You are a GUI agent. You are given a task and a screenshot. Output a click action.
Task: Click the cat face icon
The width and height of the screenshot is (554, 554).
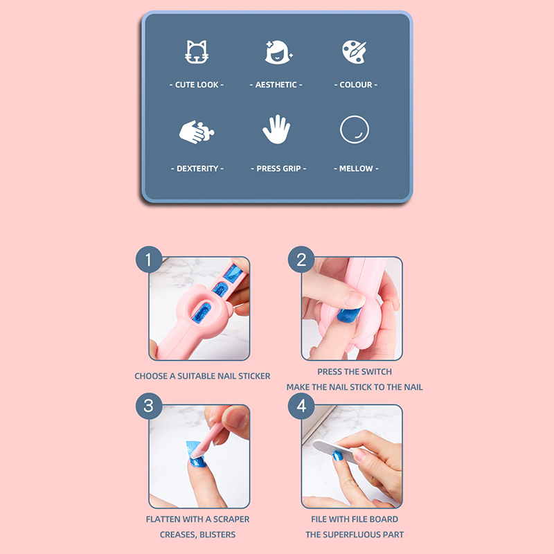click(197, 52)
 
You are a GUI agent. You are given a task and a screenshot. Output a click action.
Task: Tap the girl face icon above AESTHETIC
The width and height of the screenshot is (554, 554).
click(278, 52)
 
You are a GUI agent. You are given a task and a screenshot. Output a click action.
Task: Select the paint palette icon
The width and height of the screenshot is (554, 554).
click(354, 52)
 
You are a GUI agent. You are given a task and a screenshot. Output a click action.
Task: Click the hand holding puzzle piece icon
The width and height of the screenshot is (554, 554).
click(197, 132)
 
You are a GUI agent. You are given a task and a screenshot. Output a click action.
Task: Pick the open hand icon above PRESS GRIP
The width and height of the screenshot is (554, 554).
click(276, 129)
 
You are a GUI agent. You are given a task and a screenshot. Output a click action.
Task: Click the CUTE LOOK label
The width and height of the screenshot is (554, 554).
click(197, 84)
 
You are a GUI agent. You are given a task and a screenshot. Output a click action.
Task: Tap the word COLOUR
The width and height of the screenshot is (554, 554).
click(356, 84)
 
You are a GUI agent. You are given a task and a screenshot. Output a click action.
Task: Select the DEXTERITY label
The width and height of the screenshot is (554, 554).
click(197, 168)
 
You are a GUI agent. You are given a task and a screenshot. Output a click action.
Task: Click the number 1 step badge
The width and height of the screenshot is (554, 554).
click(149, 259)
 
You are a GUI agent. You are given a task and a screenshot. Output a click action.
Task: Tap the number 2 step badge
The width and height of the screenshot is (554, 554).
click(301, 259)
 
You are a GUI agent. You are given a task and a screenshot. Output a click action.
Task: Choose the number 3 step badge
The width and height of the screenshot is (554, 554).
click(149, 406)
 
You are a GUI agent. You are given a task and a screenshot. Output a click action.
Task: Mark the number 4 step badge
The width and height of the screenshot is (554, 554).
click(301, 406)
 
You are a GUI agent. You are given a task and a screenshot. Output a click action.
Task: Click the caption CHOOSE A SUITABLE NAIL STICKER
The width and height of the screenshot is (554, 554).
click(202, 376)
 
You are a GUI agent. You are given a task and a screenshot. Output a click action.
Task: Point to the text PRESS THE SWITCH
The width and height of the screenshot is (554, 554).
click(355, 372)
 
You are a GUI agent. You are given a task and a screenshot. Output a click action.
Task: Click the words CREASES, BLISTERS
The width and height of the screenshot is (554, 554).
click(197, 535)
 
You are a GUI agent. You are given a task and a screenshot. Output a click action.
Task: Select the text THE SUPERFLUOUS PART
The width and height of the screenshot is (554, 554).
click(355, 535)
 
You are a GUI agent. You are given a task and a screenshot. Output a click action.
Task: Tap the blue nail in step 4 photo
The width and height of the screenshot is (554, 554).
click(337, 456)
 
